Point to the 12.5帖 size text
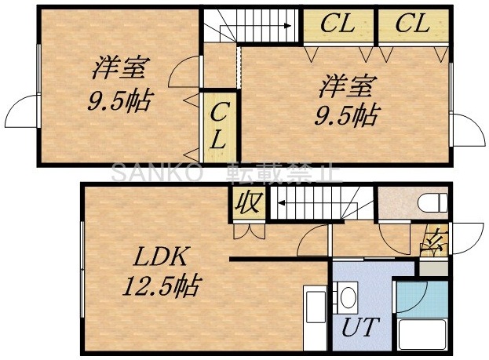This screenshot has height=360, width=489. point(159,284)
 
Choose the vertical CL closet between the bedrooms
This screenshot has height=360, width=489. point(219,125)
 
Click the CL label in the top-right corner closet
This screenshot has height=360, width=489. point(413,24)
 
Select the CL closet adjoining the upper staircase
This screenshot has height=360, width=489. point(338,24)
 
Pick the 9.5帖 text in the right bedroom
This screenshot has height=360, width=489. point(345,116)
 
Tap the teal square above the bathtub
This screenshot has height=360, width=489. point(411,297)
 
